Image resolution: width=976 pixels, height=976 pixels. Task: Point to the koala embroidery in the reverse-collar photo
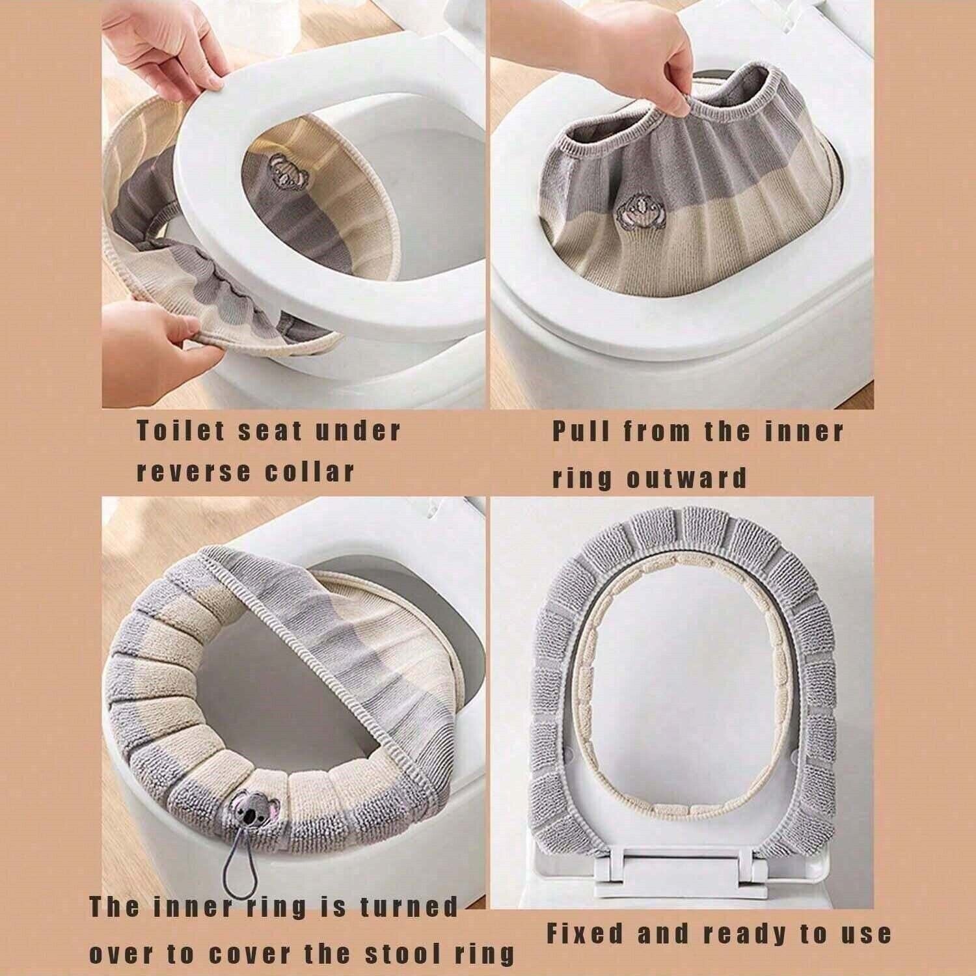point(280,167)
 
